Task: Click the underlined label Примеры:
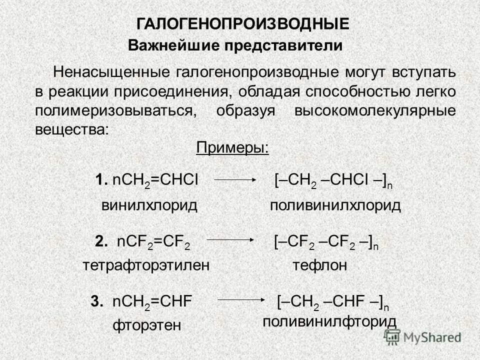(232, 148)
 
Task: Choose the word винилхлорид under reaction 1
(149, 205)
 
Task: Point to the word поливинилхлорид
(335, 205)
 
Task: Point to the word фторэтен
(145, 326)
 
